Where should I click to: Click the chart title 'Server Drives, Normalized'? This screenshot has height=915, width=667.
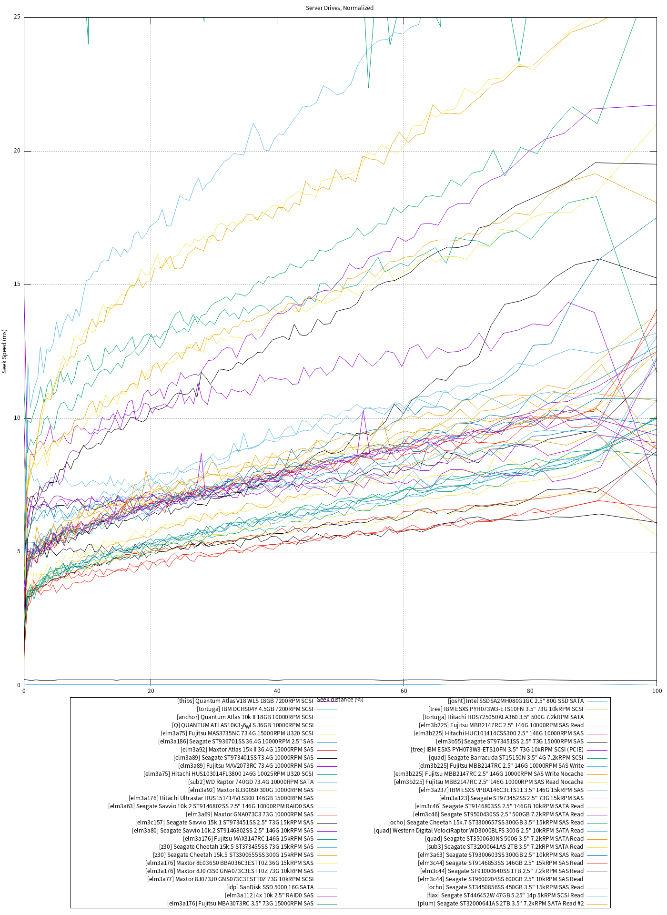tap(339, 8)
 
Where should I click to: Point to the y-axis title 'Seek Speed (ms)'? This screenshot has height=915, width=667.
tap(5, 351)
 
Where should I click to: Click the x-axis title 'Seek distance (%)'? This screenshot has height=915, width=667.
tap(340, 700)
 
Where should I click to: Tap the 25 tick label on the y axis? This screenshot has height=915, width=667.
tap(17, 17)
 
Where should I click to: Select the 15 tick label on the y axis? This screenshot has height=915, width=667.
tap(17, 285)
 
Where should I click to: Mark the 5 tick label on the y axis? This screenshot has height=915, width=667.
tap(19, 552)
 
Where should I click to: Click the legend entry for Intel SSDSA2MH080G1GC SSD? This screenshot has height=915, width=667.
tap(515, 701)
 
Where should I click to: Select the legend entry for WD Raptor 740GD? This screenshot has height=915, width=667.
tap(251, 782)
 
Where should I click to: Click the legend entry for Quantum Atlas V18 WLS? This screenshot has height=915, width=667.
tap(245, 701)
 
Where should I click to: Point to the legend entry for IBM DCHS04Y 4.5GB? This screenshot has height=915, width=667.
tap(255, 709)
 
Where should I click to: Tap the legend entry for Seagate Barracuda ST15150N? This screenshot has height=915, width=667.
tap(506, 758)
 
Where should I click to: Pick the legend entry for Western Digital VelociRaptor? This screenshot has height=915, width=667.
tap(479, 831)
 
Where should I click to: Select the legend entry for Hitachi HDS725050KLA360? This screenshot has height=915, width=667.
tap(503, 717)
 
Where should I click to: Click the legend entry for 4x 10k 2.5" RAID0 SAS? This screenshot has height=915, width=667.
tap(269, 895)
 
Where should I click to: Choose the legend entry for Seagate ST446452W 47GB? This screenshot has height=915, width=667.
tap(505, 895)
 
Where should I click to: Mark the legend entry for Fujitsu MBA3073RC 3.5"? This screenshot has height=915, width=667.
tap(240, 904)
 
